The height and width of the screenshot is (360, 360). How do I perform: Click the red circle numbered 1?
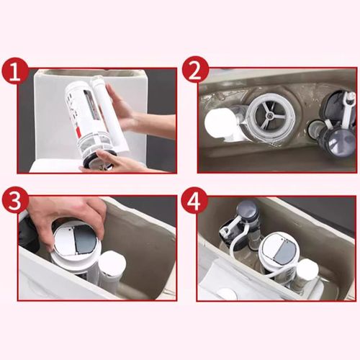(x=16, y=72)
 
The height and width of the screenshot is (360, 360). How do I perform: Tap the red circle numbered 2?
(x=195, y=71)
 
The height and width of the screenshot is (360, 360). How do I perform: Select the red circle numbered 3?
(x=16, y=200)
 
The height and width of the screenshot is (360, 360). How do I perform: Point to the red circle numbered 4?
(x=194, y=201)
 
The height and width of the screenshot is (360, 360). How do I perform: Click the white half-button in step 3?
(x=65, y=240)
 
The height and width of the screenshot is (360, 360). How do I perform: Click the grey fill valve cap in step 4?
(x=247, y=208)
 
